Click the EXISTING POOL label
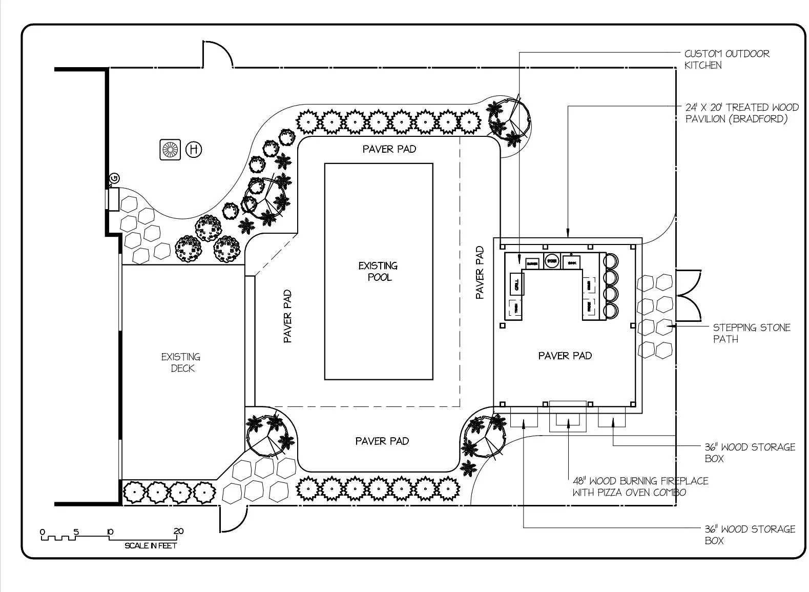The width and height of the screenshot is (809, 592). (378, 271)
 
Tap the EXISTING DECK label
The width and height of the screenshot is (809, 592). (181, 362)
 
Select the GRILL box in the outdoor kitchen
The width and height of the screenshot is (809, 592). (516, 283)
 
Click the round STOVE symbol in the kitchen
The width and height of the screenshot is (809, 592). (551, 261)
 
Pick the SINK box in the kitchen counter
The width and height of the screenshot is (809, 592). (571, 262)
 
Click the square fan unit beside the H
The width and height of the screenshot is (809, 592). (170, 150)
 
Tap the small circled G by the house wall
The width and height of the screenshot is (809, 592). (114, 178)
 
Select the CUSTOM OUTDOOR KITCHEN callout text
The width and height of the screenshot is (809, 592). (727, 59)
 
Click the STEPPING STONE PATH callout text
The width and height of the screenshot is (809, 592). (751, 333)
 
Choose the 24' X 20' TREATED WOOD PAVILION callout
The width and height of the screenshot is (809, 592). (741, 113)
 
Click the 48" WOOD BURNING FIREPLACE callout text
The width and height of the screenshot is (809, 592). (640, 486)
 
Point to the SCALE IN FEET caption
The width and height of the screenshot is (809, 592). (151, 546)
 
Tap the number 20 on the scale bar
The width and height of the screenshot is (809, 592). (178, 531)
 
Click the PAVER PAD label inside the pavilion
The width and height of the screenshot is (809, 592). (565, 355)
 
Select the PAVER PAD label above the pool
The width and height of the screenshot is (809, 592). (389, 149)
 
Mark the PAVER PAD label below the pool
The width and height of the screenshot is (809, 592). (382, 441)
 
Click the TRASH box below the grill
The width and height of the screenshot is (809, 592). (515, 309)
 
